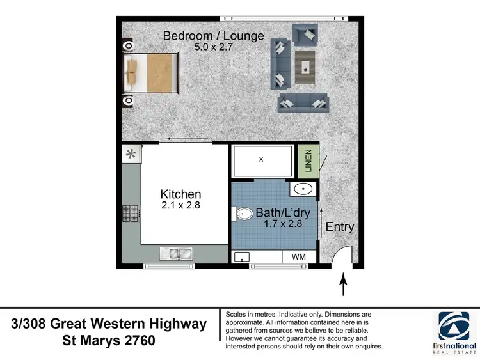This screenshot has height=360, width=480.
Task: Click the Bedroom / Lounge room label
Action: (x=213, y=36)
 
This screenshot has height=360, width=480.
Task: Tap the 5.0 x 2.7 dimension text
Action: (x=213, y=47)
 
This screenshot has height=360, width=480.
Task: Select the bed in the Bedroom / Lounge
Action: (x=151, y=72)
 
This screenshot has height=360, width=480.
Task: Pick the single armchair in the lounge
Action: (x=305, y=33)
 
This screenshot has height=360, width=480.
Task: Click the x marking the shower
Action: (x=261, y=159)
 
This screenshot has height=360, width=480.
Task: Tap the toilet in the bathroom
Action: (x=244, y=214)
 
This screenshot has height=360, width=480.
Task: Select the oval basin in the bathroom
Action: (x=304, y=189)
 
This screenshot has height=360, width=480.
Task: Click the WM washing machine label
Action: (x=299, y=257)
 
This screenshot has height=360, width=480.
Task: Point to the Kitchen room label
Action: (x=180, y=194)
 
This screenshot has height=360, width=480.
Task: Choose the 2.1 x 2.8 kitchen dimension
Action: (x=180, y=205)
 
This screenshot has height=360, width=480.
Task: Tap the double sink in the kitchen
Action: (x=175, y=254)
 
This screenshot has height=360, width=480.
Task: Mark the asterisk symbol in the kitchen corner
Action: (x=131, y=154)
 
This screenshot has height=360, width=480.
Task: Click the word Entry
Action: (x=339, y=227)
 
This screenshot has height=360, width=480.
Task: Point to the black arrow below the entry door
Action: (x=343, y=284)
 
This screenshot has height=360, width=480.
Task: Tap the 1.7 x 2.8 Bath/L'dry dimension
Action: (x=283, y=224)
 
